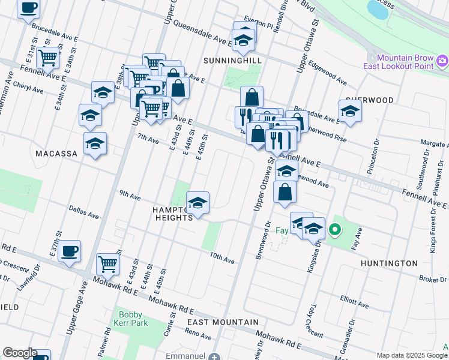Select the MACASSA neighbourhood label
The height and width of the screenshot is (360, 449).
pos(56,154)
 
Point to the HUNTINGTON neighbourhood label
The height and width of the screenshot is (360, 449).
pos(389,263)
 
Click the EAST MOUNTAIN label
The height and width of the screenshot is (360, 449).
pos(214,322)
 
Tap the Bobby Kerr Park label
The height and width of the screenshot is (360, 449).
pos(130,319)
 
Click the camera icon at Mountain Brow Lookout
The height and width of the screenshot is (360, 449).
pos(442,60)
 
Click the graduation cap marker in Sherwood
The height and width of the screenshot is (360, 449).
pos(350,110)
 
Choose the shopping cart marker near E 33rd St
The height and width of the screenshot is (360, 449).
pos(47,58)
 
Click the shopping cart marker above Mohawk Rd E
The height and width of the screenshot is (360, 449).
pos(108,263)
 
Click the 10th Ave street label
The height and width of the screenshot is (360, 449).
pos(221,259)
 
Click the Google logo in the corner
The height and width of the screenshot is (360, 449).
pos(20,353)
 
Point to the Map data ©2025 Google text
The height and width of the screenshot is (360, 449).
pos(412,355)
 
